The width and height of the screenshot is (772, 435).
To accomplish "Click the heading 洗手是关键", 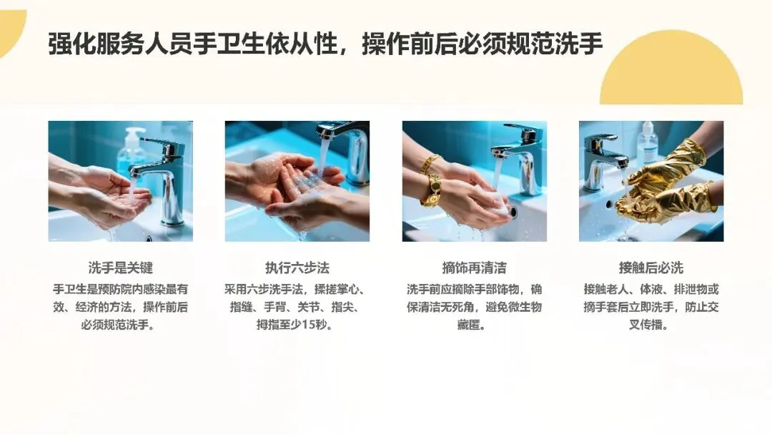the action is (121, 268).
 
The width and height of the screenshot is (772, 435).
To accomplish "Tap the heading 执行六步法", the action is (297, 268).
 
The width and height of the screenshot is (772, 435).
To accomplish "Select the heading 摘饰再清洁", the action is (474, 268).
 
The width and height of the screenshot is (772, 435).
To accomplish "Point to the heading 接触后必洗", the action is (651, 268).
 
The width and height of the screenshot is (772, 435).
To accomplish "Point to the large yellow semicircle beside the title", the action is (671, 69).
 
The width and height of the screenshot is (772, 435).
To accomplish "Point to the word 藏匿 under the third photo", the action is (468, 325).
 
